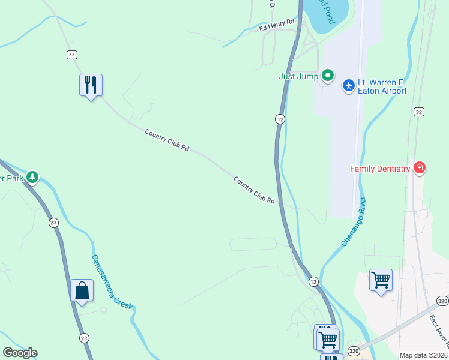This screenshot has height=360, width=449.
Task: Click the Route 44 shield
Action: click(x=72, y=55)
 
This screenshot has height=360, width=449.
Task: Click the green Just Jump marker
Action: click(x=327, y=76)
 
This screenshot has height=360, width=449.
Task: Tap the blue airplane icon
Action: click(x=348, y=86)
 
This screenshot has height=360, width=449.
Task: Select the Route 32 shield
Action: click(x=419, y=112)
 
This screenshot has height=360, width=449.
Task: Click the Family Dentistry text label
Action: click(x=380, y=169)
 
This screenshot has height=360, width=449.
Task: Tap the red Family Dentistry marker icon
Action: click(x=420, y=168)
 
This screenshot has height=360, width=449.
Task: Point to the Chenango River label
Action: click(x=354, y=221)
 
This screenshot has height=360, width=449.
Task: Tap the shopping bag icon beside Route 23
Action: click(x=82, y=290)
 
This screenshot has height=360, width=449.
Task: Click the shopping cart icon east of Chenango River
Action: click(x=381, y=280)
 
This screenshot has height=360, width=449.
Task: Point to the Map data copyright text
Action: click(x=424, y=355)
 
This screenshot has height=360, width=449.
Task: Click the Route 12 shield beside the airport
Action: click(x=280, y=119)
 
